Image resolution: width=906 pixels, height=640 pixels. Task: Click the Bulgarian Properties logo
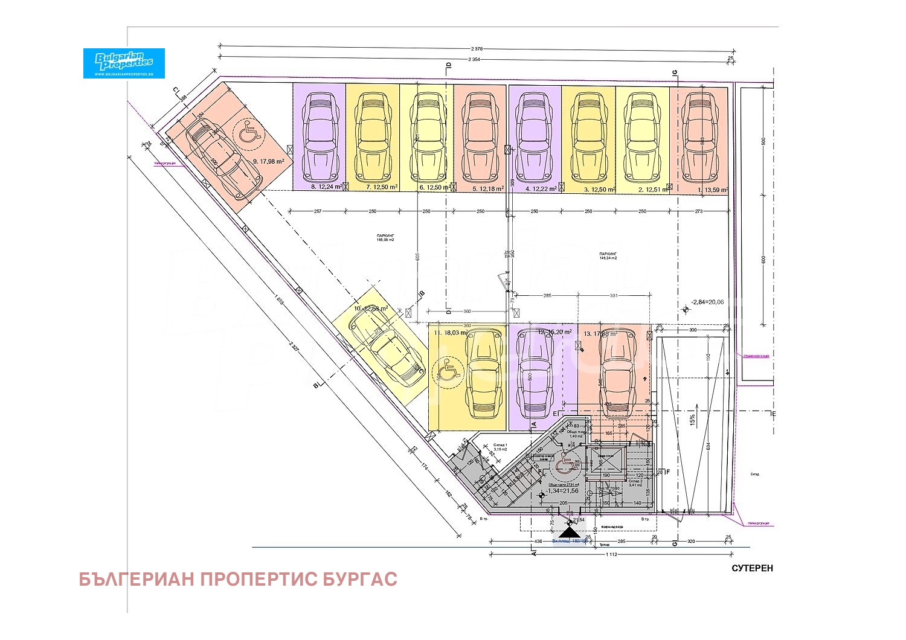(x=124, y=63)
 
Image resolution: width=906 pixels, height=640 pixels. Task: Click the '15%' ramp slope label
(x=692, y=418)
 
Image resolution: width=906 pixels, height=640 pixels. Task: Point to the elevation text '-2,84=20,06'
(x=707, y=302)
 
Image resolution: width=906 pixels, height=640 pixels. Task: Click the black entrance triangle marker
(x=568, y=532)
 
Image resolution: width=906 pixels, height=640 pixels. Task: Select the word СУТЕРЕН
(x=752, y=568)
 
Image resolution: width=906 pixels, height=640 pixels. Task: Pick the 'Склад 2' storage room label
(x=635, y=482)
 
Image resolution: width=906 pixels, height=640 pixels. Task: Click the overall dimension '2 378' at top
(x=476, y=48)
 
